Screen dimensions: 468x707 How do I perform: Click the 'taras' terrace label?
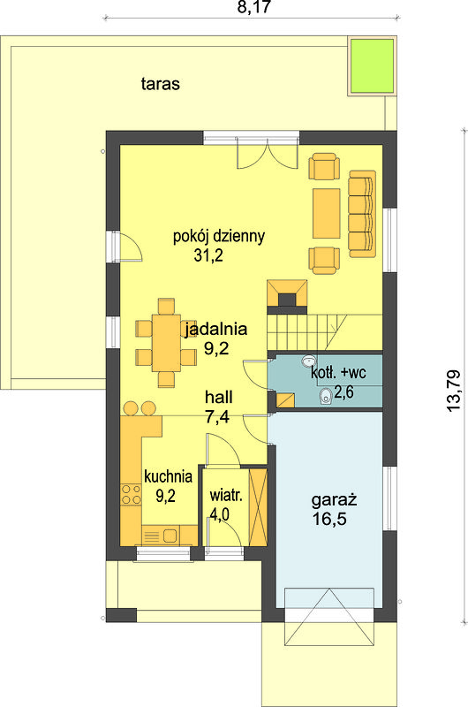click(161, 84)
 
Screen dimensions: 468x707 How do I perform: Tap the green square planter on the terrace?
click(372, 65)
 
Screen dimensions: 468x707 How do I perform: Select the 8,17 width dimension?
click(254, 8)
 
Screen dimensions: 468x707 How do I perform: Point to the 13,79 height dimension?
click(454, 390)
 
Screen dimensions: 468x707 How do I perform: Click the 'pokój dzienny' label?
click(219, 236)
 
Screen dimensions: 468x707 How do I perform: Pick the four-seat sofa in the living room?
click(362, 214)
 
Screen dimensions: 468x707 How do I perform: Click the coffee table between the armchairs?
click(327, 213)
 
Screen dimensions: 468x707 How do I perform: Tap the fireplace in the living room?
click(287, 296)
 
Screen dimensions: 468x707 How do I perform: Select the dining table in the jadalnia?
click(166, 343)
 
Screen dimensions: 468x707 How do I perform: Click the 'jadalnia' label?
click(216, 329)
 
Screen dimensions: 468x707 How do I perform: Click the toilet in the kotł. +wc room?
click(325, 397)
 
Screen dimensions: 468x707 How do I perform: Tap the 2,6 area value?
click(343, 392)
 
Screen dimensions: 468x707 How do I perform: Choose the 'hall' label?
click(219, 397)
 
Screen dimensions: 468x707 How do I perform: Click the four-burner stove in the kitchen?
click(131, 494)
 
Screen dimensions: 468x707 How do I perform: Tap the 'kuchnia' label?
click(168, 476)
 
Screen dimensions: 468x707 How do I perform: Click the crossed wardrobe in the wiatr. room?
click(259, 507)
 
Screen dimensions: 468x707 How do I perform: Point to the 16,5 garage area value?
click(329, 519)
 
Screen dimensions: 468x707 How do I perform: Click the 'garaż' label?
click(334, 499)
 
